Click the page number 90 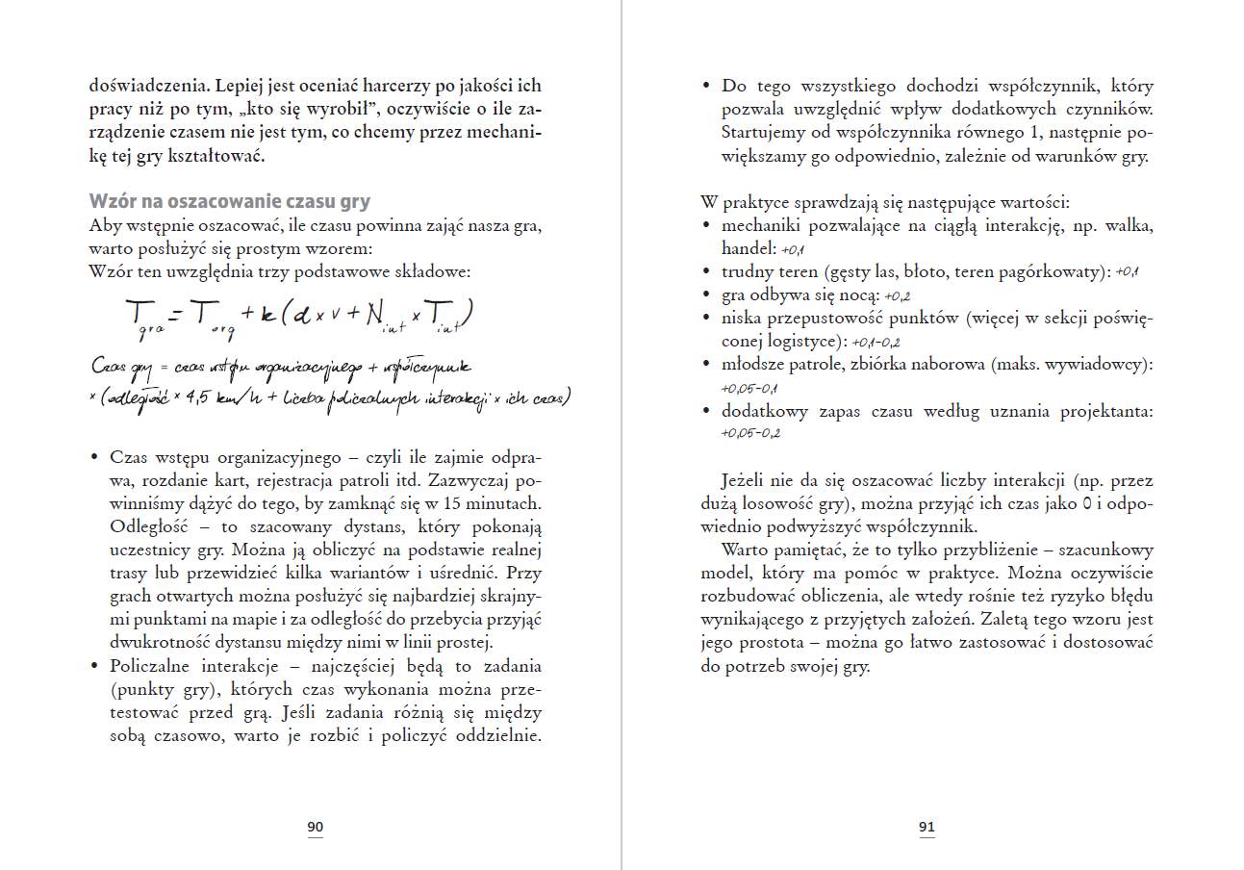coord(315,827)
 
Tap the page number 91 coord(927,827)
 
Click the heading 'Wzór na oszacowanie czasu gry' coord(229,201)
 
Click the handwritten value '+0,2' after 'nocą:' coord(897,295)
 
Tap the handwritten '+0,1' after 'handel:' coord(794,249)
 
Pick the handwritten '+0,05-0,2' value coord(749,434)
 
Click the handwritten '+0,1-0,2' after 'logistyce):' coord(876,342)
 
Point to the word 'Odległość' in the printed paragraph coord(145,526)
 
